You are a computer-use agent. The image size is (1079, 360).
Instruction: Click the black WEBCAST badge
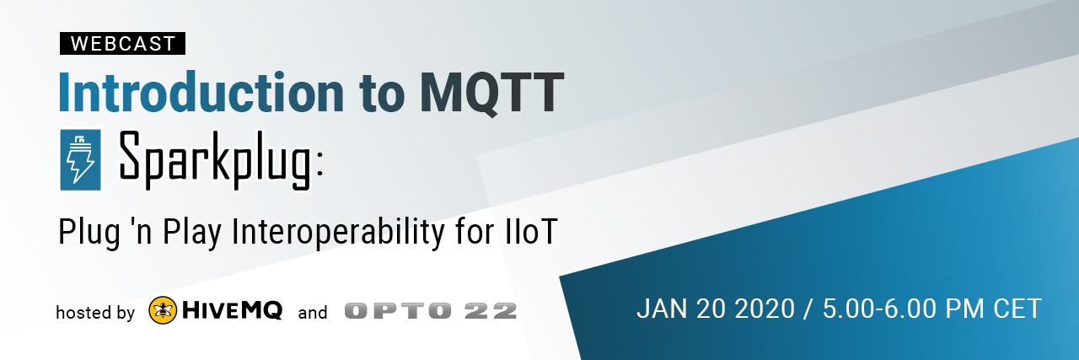122,43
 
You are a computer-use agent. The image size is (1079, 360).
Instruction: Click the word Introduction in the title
201,92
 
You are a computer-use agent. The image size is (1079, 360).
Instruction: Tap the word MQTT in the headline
491,94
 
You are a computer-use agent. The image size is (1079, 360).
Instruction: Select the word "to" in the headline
382,94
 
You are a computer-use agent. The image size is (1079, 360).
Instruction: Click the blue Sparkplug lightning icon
80,159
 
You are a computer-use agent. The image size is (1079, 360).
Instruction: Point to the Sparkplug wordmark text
214,160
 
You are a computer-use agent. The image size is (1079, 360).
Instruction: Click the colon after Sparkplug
319,164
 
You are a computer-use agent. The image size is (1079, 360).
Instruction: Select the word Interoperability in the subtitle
338,233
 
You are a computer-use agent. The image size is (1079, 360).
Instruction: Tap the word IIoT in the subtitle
531,231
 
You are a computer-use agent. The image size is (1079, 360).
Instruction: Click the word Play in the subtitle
191,233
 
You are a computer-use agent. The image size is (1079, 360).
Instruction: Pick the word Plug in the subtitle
89,233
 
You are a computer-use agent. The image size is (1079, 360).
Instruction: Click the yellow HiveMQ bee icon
163,310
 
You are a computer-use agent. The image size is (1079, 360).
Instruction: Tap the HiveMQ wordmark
232,310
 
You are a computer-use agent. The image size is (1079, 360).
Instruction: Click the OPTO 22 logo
431,311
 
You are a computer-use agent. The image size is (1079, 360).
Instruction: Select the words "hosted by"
95,313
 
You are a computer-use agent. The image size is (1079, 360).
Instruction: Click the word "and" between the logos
313,313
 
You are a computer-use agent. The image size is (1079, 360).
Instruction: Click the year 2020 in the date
765,309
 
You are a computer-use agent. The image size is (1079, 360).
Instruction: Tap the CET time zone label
1017,309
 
